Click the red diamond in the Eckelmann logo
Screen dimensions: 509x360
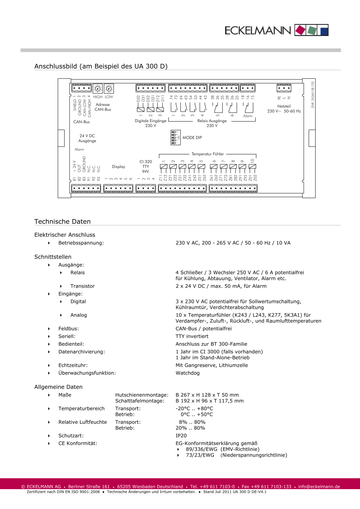(301, 30)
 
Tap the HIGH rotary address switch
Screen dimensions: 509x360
(98, 89)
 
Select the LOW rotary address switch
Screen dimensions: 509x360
(109, 89)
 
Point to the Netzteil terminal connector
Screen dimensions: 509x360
(284, 88)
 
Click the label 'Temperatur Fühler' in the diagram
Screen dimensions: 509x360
(207, 154)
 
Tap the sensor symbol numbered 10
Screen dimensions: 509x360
(252, 168)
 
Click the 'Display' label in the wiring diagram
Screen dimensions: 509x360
(118, 167)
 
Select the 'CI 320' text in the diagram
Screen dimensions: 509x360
(146, 162)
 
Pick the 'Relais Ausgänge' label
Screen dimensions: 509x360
(212, 121)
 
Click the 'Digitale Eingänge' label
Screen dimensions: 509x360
(151, 121)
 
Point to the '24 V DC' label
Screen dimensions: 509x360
(87, 136)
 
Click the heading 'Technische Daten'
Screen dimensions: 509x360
(62, 221)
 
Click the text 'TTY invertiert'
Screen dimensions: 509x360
(192, 336)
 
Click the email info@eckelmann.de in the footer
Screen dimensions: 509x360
(319, 487)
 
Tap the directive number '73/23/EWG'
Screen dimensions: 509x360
(200, 455)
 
